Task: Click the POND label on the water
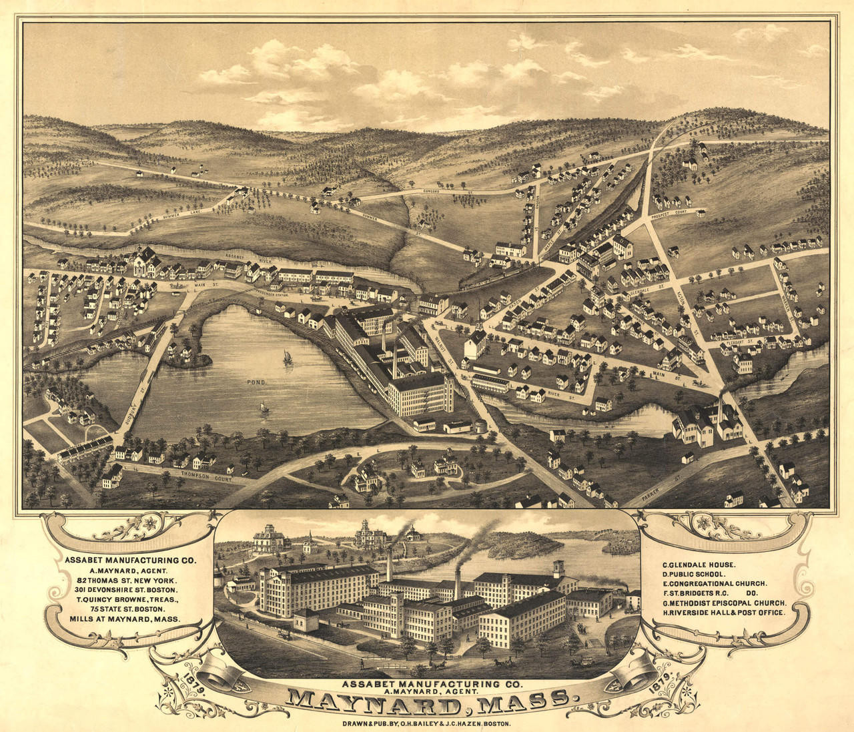coord(256,383)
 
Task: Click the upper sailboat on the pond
coord(288,358)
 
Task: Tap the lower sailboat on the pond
coord(265,407)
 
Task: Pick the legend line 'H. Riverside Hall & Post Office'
coord(723,611)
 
